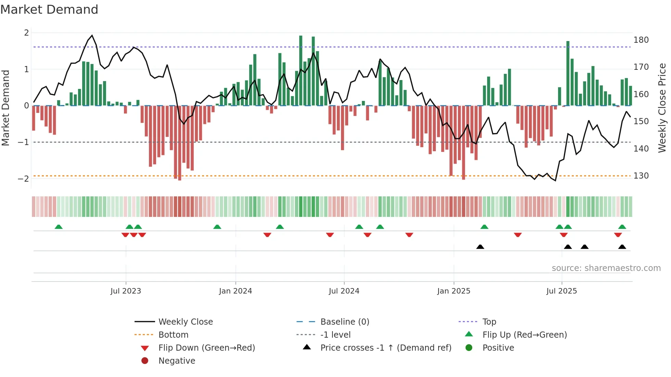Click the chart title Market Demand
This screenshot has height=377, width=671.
tap(49, 10)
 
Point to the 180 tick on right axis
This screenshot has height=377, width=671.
tap(641, 40)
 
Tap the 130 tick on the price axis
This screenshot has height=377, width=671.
tap(641, 176)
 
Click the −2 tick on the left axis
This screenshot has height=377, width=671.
tap(24, 179)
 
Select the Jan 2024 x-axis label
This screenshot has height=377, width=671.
tap(235, 291)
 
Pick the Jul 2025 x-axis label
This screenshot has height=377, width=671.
tap(561, 291)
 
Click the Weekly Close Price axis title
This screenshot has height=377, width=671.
tap(662, 108)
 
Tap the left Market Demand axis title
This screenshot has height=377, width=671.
tap(5, 108)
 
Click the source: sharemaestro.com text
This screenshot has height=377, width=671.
tap(606, 268)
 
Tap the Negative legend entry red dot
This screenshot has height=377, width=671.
tap(145, 361)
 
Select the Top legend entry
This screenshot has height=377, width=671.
tap(489, 322)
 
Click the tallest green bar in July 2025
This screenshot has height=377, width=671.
tap(568, 73)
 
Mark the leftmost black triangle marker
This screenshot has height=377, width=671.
tap(480, 247)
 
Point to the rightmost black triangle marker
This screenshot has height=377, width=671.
tap(622, 247)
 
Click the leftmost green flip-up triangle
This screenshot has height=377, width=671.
tap(59, 227)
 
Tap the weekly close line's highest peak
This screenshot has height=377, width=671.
tap(92, 35)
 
